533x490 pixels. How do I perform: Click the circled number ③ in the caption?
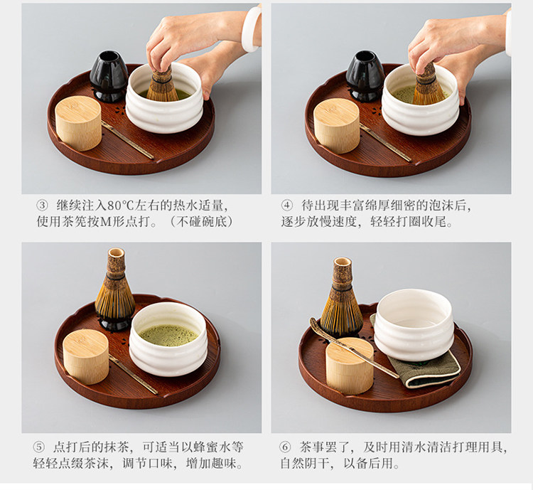point(42,206)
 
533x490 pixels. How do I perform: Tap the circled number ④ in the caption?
point(286,206)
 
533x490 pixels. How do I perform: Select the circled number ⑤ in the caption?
point(38,447)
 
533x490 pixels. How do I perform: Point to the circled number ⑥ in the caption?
point(285,447)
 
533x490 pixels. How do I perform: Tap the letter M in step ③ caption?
point(107,222)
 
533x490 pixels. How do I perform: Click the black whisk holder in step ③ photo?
point(109,76)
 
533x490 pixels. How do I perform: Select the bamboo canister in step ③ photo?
point(78,123)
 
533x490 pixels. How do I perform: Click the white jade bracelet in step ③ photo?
point(251,29)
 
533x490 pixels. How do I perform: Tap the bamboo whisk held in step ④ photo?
point(428,85)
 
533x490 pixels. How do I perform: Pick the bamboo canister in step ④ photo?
point(337,126)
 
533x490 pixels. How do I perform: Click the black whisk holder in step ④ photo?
point(365,76)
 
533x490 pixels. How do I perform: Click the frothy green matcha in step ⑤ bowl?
point(168,335)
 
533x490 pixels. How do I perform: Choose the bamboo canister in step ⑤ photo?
point(86,356)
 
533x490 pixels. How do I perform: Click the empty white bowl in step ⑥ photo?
point(414,324)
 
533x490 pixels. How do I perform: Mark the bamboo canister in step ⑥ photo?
point(350,366)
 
